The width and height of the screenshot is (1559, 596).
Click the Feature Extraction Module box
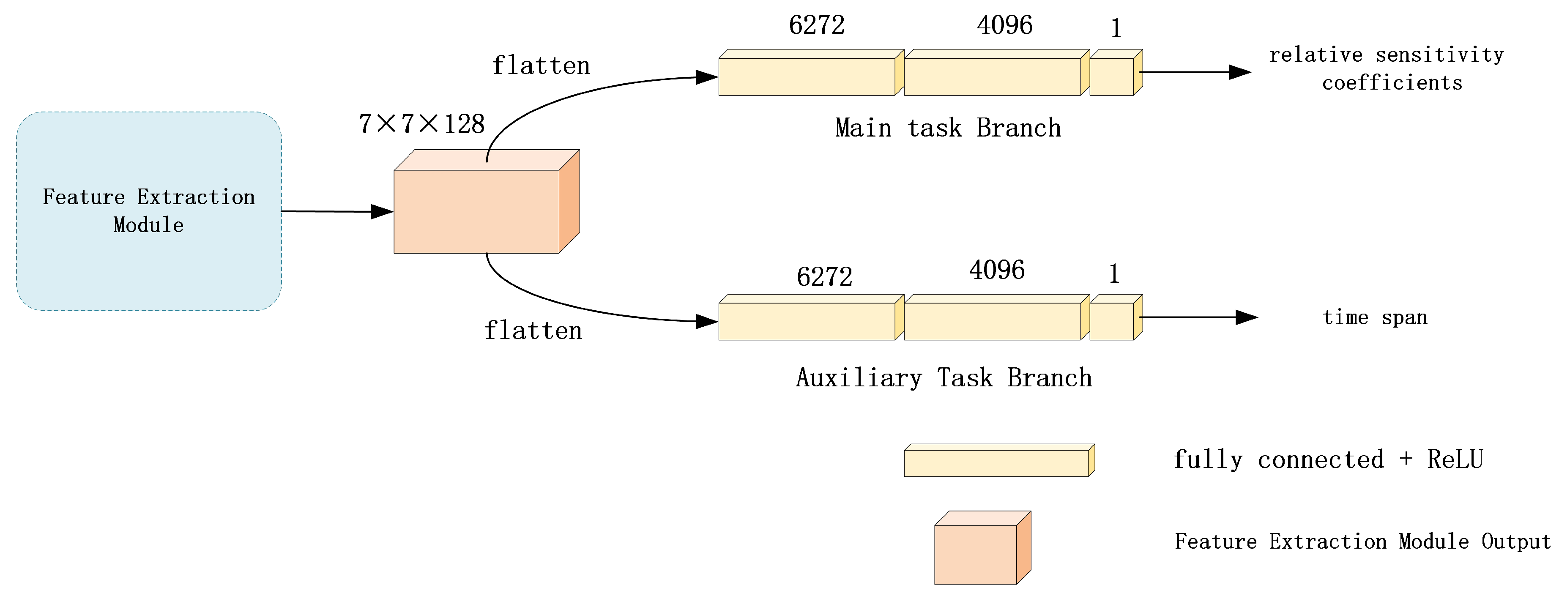(x=149, y=211)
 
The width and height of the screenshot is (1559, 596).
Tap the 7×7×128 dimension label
(x=422, y=124)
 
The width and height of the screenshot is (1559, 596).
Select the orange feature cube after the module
(x=487, y=201)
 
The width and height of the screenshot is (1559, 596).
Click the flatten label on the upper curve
(x=540, y=66)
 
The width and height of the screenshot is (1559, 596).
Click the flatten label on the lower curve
(x=533, y=331)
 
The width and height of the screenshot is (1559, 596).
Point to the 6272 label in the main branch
(x=816, y=25)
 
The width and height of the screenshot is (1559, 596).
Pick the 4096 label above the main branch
(x=1005, y=25)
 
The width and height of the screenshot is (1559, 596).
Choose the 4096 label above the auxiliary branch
(x=997, y=270)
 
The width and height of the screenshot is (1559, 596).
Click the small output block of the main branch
(x=1116, y=73)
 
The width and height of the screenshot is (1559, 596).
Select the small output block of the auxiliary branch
(x=1116, y=317)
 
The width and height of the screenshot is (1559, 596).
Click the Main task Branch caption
(x=948, y=128)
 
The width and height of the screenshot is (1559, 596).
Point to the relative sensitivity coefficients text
(x=1387, y=68)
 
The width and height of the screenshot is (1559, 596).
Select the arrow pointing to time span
(x=1198, y=317)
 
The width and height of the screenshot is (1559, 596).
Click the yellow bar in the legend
(x=999, y=460)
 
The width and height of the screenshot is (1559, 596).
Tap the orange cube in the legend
(x=983, y=547)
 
